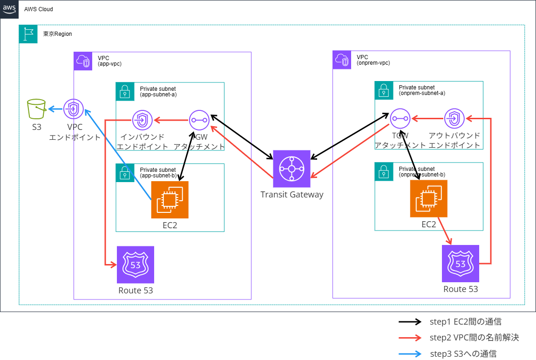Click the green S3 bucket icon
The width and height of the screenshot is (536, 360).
(37, 109)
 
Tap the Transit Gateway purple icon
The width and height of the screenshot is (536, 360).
(292, 169)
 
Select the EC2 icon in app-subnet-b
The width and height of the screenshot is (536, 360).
(170, 200)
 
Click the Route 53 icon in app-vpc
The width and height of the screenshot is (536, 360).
(136, 265)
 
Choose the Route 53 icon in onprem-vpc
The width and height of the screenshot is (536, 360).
(461, 264)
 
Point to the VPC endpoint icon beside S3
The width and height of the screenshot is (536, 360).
(73, 109)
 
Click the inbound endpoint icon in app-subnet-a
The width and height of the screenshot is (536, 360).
(141, 120)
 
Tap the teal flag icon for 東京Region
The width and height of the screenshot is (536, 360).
(28, 34)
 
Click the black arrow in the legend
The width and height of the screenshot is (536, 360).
(410, 322)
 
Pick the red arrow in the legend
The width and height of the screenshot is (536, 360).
(410, 338)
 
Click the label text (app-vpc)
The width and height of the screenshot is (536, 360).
(109, 64)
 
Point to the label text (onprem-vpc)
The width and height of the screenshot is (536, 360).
(373, 63)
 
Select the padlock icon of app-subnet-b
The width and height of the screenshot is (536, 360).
(124, 172)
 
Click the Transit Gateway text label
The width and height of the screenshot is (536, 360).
(292, 195)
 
